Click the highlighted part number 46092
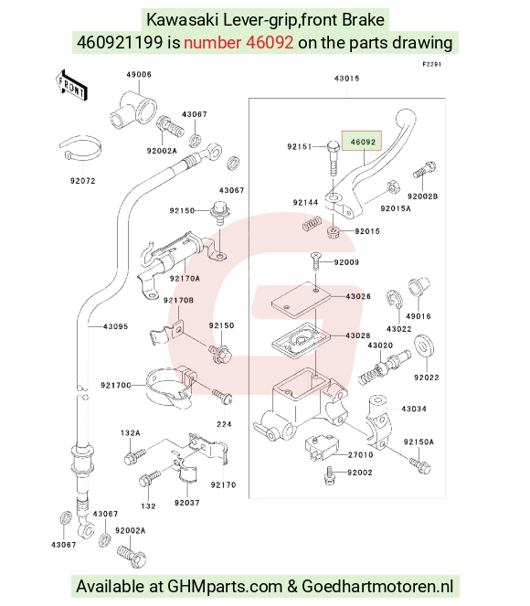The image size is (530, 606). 363,142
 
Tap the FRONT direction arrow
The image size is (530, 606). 71,86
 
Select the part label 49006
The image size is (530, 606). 139,74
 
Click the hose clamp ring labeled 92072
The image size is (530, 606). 80,149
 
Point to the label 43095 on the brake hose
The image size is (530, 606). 115,326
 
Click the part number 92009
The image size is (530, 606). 346,262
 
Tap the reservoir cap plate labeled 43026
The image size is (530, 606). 301,301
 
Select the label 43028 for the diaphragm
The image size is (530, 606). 357,335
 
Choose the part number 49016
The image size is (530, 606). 418,316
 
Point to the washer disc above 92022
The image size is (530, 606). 424,346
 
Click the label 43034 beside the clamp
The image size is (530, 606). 414,409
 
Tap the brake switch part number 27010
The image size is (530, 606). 360,455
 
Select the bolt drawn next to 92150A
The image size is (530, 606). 420,465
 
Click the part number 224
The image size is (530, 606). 224,424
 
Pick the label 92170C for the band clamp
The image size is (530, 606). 116,386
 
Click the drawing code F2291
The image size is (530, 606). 431,64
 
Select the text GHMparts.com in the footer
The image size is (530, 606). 225,586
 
